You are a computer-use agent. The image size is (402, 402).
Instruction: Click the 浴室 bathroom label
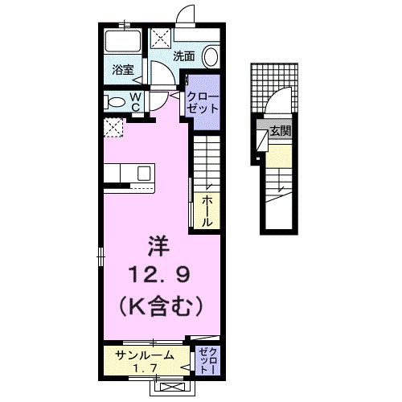click(123, 71)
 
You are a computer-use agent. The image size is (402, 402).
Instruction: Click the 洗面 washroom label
click(184, 55)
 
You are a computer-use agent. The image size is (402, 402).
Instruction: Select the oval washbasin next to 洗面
click(211, 56)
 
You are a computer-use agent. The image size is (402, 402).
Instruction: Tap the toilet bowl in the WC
click(115, 101)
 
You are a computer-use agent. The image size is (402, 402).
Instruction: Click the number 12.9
click(157, 277)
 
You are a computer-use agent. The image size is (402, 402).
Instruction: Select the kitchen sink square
click(145, 174)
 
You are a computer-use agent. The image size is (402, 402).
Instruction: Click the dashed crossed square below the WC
click(113, 126)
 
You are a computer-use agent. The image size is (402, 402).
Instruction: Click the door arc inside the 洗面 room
click(162, 74)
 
